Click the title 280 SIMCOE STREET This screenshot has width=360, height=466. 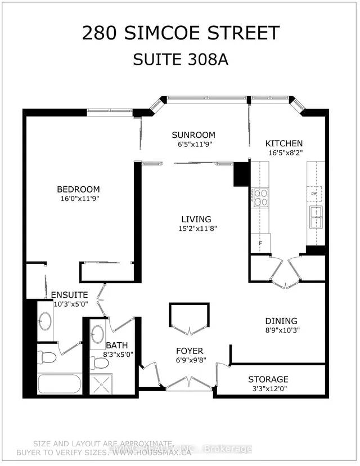(180, 33)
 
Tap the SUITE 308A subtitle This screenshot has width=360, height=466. (180, 59)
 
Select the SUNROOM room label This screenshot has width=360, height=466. (193, 135)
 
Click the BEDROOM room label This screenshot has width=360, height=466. (78, 189)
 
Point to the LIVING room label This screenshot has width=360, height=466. (196, 219)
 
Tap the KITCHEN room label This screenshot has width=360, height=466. (284, 144)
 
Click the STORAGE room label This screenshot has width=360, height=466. (268, 379)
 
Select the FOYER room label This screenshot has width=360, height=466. (190, 351)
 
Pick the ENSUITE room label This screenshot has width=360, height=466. (69, 294)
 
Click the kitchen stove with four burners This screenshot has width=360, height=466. (261, 198)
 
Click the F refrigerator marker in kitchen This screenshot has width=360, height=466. (260, 243)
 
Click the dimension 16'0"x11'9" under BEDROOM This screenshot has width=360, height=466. (78, 199)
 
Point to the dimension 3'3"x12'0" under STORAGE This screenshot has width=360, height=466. (268, 389)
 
